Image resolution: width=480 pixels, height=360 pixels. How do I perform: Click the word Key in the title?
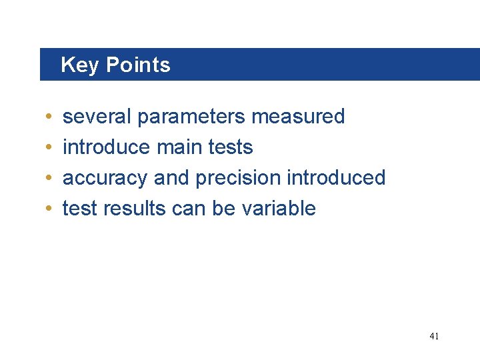[80, 65]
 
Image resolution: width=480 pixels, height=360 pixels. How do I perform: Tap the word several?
[97, 117]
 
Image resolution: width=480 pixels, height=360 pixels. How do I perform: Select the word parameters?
[191, 117]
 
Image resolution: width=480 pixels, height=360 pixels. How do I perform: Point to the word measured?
[298, 117]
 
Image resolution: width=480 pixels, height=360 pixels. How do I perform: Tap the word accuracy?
[105, 178]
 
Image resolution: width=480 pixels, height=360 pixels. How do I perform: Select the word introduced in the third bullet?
[336, 177]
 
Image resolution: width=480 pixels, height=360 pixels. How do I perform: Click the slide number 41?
[434, 337]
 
